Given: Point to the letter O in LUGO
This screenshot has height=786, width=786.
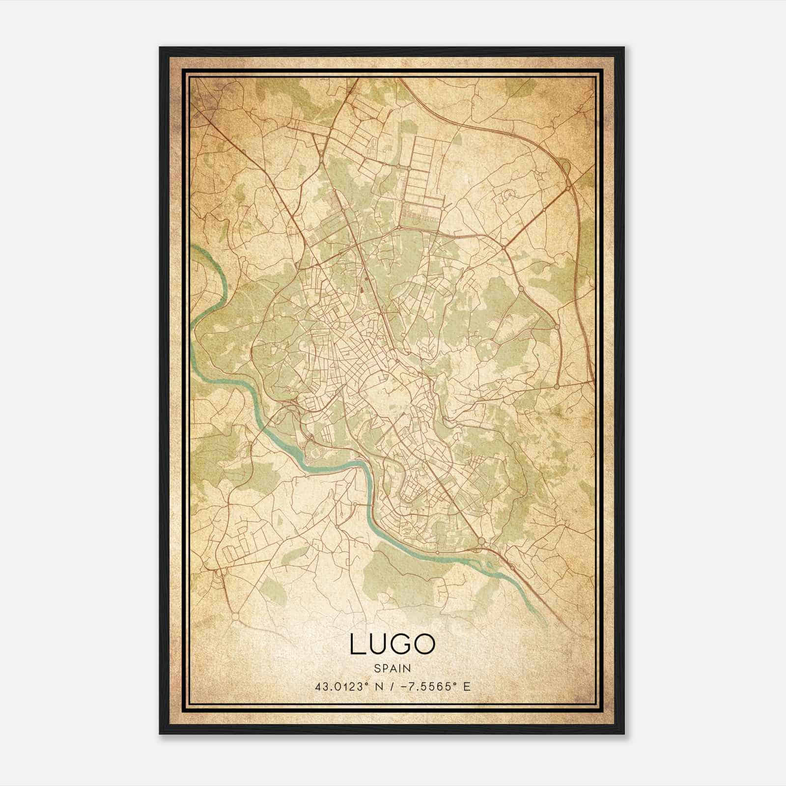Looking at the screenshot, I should pos(425,645).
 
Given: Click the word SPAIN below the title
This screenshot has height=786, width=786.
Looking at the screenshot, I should pos(392,668).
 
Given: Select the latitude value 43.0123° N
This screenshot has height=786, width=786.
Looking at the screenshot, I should pos(348,686).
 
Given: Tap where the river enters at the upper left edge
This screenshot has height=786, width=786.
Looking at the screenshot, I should pos(193,249).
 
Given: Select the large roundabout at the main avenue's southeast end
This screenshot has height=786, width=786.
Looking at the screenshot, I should pos(481,541).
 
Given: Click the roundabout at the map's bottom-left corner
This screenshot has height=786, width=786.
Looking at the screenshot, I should pos(235,616).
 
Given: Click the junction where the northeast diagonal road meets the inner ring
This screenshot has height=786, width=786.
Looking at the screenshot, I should pos(505,247).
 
